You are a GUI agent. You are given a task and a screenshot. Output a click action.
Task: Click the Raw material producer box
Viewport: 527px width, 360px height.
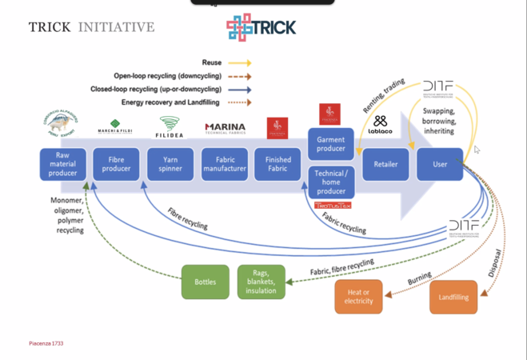63,164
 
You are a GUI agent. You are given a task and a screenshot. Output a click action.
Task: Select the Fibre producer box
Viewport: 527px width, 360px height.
117,164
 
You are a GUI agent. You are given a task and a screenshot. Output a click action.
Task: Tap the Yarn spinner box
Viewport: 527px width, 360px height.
170,164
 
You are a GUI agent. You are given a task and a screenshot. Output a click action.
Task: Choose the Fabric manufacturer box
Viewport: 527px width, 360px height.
225,164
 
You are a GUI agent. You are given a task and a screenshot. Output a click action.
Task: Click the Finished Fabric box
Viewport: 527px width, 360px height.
277,164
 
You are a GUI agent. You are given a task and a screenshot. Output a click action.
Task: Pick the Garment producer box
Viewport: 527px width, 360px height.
331,144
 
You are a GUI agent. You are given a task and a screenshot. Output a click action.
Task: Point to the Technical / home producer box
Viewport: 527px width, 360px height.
331,182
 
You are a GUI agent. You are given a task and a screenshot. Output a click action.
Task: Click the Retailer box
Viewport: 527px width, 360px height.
386,164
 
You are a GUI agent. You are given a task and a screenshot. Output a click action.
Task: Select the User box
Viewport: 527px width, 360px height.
440,164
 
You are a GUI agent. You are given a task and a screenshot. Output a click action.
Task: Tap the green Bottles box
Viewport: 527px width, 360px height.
206,282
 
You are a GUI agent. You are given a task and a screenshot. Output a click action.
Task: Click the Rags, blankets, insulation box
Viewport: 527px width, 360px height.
261,282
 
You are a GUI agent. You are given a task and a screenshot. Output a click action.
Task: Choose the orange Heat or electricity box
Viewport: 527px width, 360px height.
358,296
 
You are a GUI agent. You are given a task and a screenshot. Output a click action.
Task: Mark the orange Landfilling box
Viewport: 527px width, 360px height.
453,297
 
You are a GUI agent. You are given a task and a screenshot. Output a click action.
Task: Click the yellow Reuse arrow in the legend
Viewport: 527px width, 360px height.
239,62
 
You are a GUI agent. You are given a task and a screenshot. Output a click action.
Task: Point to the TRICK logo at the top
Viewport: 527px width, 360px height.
262,27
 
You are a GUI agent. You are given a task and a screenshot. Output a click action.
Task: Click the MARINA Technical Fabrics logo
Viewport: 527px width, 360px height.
225,128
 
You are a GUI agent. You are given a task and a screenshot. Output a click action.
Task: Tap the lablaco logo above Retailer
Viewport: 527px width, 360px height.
380,125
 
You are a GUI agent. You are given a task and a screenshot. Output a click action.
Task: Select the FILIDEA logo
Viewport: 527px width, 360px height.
170,127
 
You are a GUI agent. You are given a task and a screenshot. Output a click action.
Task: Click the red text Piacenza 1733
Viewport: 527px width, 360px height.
46,343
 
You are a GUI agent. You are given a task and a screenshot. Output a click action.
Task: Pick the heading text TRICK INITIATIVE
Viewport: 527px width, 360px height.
91,27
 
